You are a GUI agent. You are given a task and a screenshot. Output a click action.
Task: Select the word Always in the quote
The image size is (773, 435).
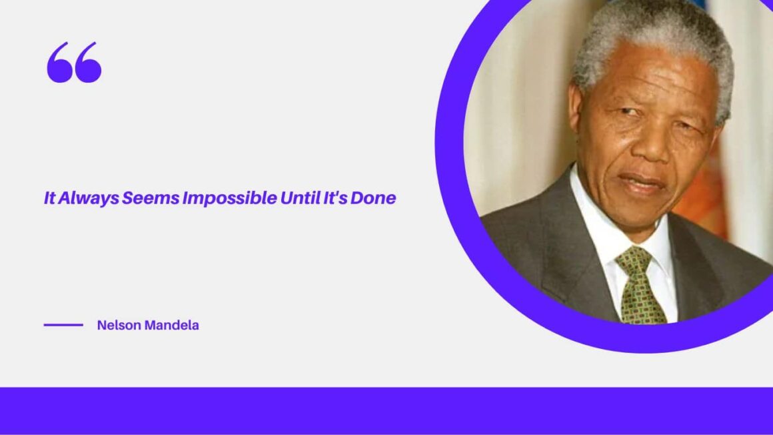[x=88, y=198]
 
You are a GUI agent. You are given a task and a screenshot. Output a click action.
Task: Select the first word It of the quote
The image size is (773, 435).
[x=49, y=198]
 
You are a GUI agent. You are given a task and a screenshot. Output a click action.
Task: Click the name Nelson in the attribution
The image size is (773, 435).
[x=118, y=326]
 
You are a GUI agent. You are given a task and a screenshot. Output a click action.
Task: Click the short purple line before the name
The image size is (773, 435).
[x=63, y=326]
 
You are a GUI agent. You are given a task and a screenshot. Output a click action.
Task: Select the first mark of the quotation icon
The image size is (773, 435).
[x=59, y=63]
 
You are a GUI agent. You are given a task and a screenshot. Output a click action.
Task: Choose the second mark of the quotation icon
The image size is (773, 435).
[x=89, y=63]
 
